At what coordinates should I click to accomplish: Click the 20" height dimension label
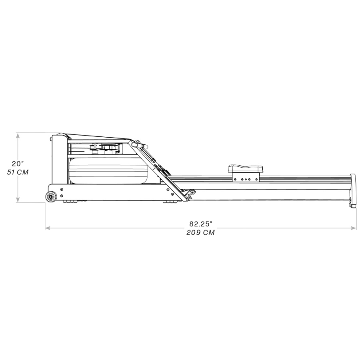click(18, 164)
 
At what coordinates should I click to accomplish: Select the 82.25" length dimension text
click(200, 224)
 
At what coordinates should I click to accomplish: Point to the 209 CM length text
click(200, 233)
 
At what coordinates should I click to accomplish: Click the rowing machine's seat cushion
click(245, 168)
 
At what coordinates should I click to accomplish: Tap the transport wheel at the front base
click(51, 196)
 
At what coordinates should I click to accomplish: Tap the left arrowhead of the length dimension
click(47, 228)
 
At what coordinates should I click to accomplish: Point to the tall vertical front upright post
click(58, 160)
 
